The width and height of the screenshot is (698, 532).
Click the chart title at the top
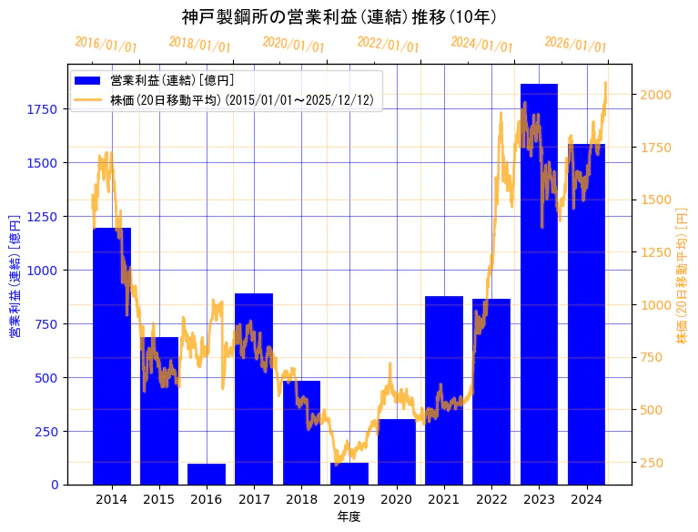click(339, 17)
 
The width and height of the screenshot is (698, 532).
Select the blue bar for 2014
click(112, 355)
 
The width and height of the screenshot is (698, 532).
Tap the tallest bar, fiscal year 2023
click(539, 282)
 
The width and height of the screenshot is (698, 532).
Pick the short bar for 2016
click(207, 474)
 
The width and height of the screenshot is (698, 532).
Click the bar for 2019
click(349, 474)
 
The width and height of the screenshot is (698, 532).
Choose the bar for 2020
click(397, 452)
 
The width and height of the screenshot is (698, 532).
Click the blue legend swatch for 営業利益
click(88, 80)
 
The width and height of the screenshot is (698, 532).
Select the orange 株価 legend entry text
click(241, 99)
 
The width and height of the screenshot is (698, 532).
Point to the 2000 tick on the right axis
click(656, 95)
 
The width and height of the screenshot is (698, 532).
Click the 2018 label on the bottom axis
click(301, 499)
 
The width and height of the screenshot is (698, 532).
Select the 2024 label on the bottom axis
click(586, 499)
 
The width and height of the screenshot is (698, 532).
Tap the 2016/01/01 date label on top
click(106, 44)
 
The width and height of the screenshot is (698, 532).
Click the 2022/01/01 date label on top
click(388, 45)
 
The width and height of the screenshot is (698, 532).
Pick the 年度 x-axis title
click(349, 517)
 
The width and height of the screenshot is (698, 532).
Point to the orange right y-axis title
click(682, 275)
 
